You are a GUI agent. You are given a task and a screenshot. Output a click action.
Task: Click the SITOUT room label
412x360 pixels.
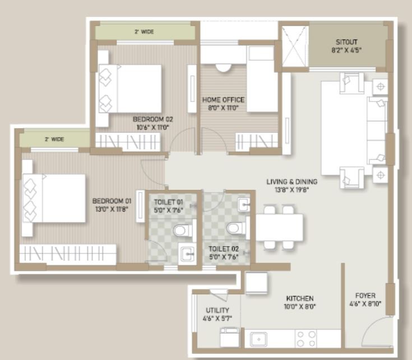(x=346, y=42)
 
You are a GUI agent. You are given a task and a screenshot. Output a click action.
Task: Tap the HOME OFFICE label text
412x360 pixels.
(x=223, y=100)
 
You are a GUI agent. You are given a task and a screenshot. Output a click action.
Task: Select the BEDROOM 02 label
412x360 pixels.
(x=152, y=119)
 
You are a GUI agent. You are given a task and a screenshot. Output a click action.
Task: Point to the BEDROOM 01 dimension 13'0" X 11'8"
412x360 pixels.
(x=112, y=209)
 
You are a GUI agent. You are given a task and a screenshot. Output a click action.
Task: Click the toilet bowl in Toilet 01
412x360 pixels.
(x=182, y=231)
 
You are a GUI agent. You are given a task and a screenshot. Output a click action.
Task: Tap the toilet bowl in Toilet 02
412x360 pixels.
(x=235, y=228)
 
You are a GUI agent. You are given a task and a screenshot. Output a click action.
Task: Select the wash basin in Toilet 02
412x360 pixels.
(x=244, y=205)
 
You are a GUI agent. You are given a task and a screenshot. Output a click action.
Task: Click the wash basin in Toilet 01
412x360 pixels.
(x=187, y=254)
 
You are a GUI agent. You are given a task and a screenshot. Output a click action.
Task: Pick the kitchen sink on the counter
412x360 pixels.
(x=258, y=339)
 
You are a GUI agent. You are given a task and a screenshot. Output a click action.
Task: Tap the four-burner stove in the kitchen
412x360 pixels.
(x=306, y=339)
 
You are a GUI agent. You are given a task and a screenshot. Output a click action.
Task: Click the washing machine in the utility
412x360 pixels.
(x=230, y=337)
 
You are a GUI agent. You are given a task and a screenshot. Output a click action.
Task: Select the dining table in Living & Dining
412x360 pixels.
(x=279, y=227)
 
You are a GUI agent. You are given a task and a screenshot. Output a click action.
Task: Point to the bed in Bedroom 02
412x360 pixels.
(x=130, y=89)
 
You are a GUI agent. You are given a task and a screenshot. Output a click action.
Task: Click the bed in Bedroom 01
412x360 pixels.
(x=54, y=198)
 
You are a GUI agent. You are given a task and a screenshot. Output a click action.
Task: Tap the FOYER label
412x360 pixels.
(x=365, y=296)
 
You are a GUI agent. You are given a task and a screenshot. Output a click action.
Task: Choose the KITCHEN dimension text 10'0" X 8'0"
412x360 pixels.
(x=300, y=306)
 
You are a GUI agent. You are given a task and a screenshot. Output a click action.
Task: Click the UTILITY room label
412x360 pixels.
(x=217, y=310)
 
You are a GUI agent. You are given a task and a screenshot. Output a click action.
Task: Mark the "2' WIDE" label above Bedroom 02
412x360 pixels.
(x=144, y=32)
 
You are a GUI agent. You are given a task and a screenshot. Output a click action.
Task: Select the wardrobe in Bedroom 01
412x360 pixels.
(x=68, y=254)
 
